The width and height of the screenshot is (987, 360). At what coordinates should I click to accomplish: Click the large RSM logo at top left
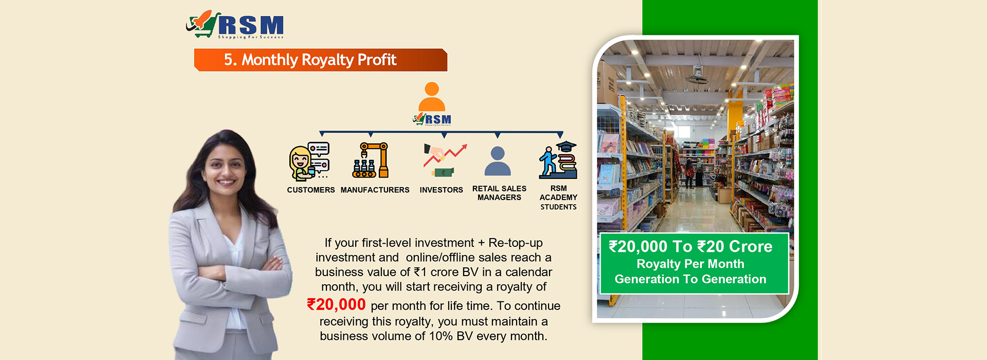235,24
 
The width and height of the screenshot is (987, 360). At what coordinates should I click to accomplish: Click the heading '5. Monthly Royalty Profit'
310,60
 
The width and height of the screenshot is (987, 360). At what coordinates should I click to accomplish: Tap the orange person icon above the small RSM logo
432,96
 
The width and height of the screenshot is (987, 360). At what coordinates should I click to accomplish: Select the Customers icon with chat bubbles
309,161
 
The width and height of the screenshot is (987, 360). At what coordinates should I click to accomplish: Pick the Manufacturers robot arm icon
371,160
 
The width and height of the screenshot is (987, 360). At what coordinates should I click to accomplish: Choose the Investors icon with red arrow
445,160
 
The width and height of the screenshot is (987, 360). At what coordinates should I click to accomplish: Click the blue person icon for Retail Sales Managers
498,161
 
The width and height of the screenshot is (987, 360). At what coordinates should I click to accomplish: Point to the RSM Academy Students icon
558,159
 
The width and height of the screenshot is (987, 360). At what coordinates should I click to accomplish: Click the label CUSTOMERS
311,190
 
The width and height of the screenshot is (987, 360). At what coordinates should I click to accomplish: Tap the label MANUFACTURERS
375,190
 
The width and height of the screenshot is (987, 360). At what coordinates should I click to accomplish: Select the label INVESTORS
441,190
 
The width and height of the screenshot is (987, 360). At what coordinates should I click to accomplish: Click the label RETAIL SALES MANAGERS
499,193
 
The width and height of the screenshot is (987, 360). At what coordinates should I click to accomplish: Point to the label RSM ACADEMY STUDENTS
558,197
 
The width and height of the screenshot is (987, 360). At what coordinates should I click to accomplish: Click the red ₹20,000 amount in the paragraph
336,304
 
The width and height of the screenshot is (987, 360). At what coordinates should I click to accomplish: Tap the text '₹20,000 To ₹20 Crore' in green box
690,247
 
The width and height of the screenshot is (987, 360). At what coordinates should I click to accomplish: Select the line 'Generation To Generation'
690,279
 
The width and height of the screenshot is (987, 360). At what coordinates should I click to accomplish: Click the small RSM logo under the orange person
432,119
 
